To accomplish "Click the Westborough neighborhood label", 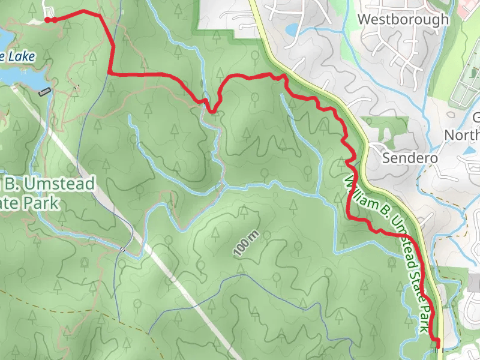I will coord(403,19).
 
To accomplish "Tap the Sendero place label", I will coord(411,158).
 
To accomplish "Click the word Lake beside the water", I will coord(22,57).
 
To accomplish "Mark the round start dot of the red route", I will coord(48,20).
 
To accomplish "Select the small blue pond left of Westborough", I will coord(292,29).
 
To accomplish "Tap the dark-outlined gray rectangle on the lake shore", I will coord(44,92).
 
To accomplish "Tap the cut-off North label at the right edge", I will coord(462,135).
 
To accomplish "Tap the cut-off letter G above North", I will coord(476,118).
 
